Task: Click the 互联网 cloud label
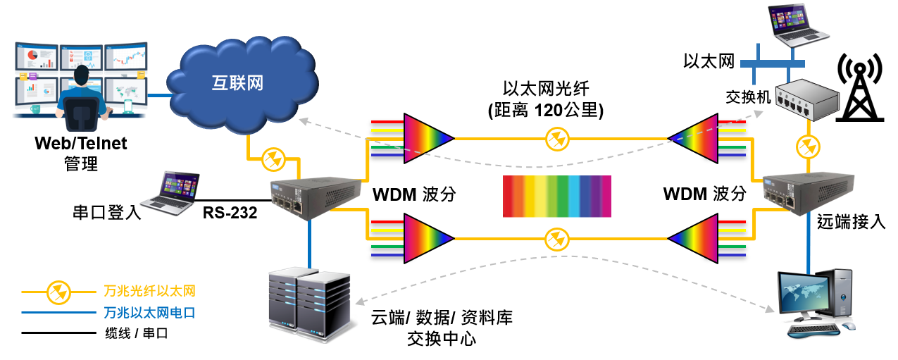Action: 237,83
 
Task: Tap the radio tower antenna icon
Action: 860,87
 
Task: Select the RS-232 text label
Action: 230,213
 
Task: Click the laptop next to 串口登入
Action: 170,193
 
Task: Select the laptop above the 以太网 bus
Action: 798,25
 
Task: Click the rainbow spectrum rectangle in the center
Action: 557,197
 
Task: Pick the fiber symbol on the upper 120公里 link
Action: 557,139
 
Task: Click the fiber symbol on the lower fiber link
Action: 557,240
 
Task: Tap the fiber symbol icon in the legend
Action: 58,292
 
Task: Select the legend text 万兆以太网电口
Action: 149,313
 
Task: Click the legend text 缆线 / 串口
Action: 137,333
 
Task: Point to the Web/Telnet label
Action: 80,144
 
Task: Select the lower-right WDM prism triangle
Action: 693,239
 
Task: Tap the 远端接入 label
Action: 851,222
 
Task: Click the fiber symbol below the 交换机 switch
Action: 809,147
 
